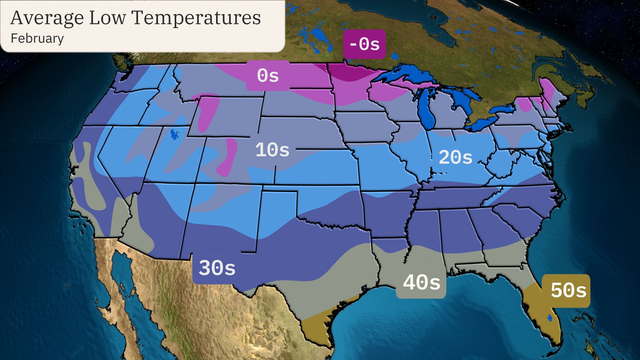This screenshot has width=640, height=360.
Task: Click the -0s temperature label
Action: coord(364,44)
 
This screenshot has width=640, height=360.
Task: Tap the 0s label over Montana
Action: coord(268,76)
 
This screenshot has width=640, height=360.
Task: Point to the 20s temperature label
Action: coord(455,157)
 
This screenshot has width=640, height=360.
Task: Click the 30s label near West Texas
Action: coord(217,268)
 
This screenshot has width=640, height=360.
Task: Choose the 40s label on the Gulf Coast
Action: coord(421,283)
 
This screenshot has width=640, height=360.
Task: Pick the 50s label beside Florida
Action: coord(568,290)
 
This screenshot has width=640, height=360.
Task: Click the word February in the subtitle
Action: coord(37,38)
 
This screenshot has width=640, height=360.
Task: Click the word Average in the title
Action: coord(47,18)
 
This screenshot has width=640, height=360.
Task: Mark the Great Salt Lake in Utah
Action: coord(174,134)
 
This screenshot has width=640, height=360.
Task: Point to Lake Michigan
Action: coord(427,110)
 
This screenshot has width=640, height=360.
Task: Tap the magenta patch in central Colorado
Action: coord(228,157)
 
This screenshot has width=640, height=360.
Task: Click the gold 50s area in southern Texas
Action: coord(317,327)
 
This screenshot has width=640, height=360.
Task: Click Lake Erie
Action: coord(483,123)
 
